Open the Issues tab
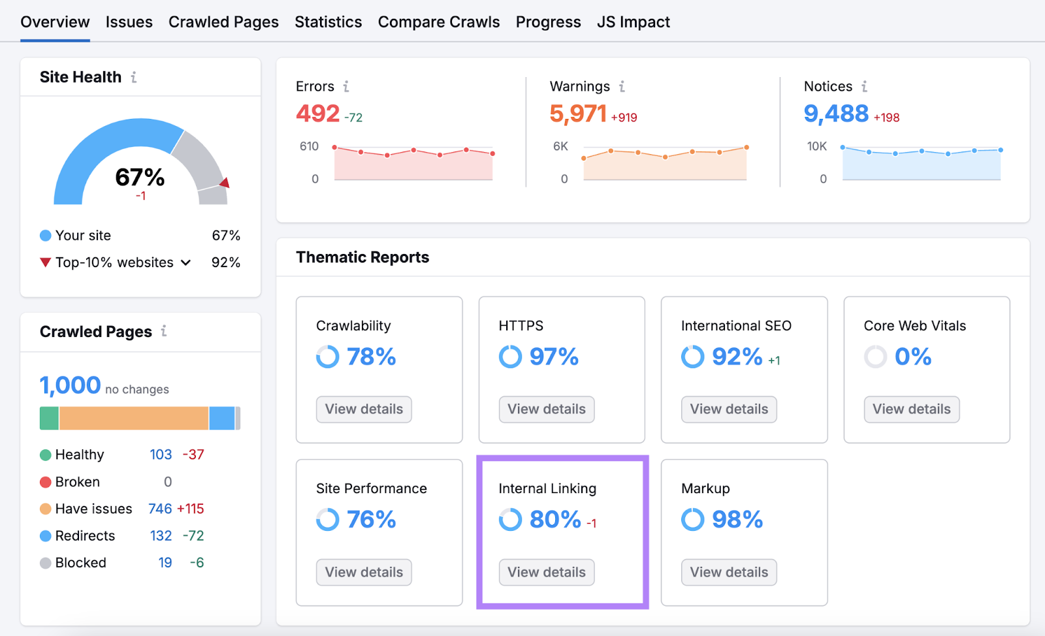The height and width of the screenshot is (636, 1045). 129,22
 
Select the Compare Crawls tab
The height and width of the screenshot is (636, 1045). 438,22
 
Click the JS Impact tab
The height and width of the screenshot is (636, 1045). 633,22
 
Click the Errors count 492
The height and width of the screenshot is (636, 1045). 318,114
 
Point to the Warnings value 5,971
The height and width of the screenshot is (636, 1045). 578,114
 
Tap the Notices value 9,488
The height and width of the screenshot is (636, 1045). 836,114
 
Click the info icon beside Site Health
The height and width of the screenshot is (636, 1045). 134,77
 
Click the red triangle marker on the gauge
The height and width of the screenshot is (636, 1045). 225,183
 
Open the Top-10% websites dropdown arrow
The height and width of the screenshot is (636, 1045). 186,262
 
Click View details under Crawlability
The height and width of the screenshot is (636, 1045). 364,409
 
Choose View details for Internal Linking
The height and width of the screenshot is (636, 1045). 547,572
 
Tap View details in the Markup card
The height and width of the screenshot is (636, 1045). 729,572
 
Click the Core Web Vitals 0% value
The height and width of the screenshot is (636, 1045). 912,357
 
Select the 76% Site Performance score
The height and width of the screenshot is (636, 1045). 371,520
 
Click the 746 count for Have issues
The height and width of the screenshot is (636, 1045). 160,509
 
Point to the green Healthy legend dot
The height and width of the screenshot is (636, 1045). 46,455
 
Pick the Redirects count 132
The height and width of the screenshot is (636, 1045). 161,536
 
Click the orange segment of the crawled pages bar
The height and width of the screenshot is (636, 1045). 134,418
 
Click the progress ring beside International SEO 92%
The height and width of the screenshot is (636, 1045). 692,357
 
